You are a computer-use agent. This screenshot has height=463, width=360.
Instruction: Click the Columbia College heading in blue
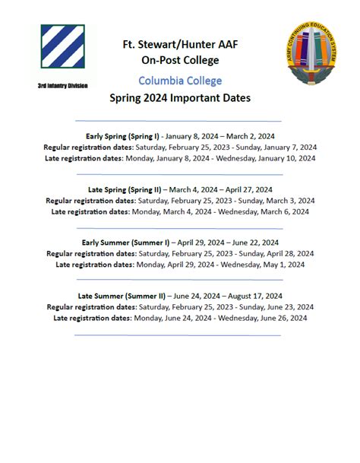pyautogui.click(x=180, y=81)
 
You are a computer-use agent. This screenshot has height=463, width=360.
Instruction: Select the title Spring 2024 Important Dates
pyautogui.click(x=180, y=98)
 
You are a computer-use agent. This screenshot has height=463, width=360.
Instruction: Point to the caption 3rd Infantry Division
pyautogui.click(x=62, y=86)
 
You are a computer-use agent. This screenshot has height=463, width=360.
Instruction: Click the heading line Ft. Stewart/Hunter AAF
pyautogui.click(x=180, y=44)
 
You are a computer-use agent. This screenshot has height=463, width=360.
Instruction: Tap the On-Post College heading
pyautogui.click(x=180, y=60)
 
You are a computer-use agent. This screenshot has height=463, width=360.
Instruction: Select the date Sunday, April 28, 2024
pyautogui.click(x=276, y=254)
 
